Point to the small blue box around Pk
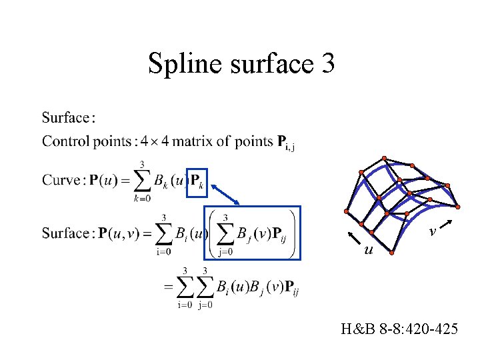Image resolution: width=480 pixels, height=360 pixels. [196, 181]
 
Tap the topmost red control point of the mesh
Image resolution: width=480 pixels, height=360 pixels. [385, 158]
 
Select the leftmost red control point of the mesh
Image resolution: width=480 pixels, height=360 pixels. [345, 211]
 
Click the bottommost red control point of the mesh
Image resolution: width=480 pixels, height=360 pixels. [393, 252]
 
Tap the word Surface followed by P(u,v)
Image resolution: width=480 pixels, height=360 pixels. [65, 233]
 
